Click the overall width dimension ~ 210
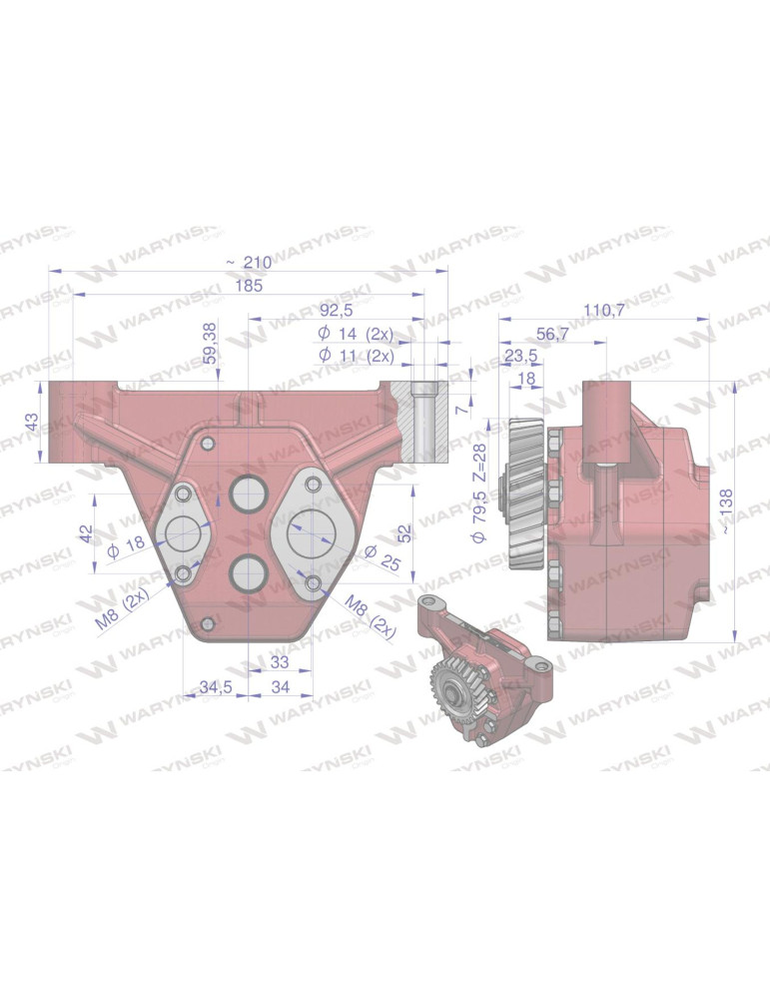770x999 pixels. coord(249,262)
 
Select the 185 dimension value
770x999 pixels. coord(249,287)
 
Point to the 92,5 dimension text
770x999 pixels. coord(337,310)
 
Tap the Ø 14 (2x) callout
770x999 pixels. coord(356,333)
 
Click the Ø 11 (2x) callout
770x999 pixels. coord(356,355)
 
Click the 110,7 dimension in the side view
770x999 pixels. coord(604,311)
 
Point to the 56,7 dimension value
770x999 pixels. coord(553,335)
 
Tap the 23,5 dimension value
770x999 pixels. coord(520,357)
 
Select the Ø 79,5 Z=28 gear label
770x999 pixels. coord(479,492)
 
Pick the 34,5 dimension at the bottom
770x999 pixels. coord(216,687)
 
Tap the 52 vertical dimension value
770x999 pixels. coord(403,530)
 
